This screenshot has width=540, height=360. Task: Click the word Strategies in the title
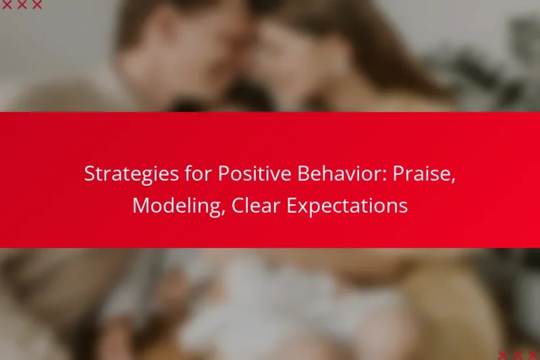[122, 174]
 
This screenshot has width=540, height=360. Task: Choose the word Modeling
[178, 205]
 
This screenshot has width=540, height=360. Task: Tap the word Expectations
[348, 205]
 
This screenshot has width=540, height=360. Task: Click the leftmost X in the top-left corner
[5, 5]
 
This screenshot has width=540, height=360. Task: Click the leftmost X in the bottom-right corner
[503, 355]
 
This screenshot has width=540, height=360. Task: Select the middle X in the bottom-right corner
[518, 355]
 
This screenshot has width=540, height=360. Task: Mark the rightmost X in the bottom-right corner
[534, 355]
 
